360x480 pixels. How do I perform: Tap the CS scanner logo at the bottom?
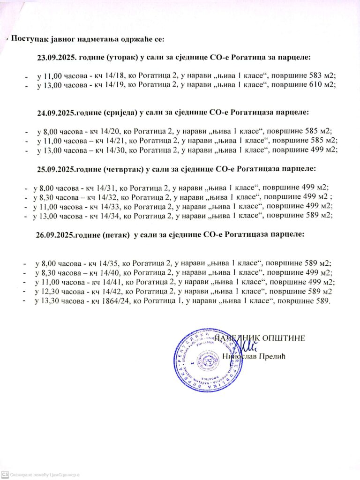pyautogui.click(x=5, y=474)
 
